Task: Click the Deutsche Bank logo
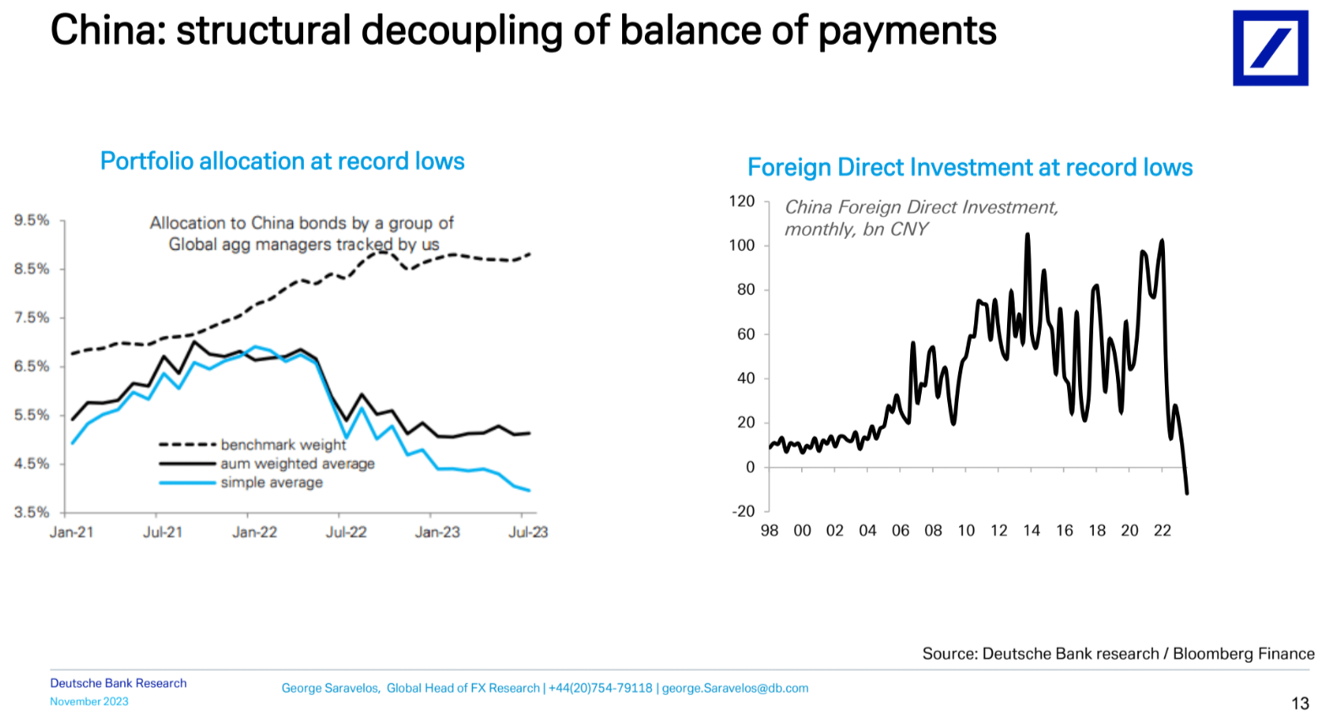1270,48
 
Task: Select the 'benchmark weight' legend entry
283,444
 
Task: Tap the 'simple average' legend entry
271,482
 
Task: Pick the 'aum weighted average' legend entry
297,464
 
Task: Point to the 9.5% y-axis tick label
32,220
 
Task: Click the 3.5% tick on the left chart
32,512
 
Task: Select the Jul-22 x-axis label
346,532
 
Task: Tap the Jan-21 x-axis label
72,532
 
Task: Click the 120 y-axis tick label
741,201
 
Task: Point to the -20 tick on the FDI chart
743,511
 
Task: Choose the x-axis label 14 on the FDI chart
1032,530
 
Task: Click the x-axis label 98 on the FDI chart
769,530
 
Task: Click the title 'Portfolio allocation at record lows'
282,161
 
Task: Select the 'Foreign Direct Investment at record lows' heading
970,167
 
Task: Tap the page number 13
1300,703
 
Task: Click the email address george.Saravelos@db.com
734,688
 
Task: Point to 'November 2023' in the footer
89,702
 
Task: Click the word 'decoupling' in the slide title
462,31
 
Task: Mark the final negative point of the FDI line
1187,492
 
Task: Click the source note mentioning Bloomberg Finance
1118,654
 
